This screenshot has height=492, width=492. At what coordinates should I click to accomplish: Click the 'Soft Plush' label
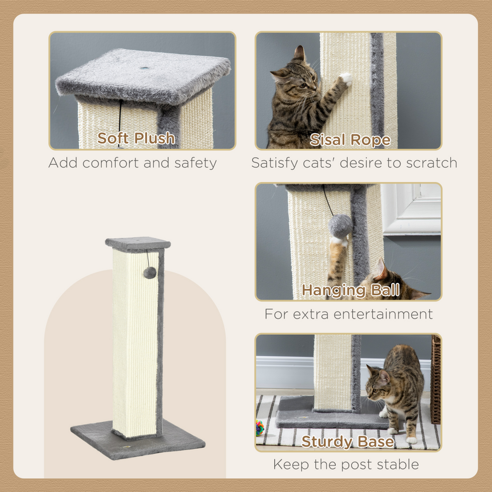(x=136, y=138)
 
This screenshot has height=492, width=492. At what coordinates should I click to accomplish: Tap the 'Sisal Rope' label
(x=350, y=140)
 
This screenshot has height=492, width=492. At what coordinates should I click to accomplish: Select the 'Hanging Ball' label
(x=350, y=290)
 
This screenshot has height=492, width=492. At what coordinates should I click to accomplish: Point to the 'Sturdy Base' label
(x=347, y=442)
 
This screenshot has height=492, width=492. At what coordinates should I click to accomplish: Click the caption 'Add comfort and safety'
(x=132, y=163)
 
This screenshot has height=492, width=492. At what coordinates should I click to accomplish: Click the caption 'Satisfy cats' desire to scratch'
(x=354, y=163)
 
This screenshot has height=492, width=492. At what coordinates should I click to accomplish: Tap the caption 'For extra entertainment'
(x=348, y=314)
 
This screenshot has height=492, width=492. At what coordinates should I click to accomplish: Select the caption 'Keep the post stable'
(x=346, y=465)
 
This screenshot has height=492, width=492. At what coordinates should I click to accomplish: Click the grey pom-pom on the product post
(x=149, y=273)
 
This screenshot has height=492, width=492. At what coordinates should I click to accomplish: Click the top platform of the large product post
(x=138, y=244)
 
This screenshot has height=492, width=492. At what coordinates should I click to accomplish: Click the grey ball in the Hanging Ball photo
(x=340, y=226)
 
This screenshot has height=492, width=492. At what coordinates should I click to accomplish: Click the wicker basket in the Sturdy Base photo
(x=435, y=380)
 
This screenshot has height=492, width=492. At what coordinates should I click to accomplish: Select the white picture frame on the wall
(x=411, y=209)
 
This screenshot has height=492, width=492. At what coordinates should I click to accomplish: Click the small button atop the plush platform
(x=144, y=68)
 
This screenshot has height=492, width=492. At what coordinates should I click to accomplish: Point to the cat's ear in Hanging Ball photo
(x=381, y=270)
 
